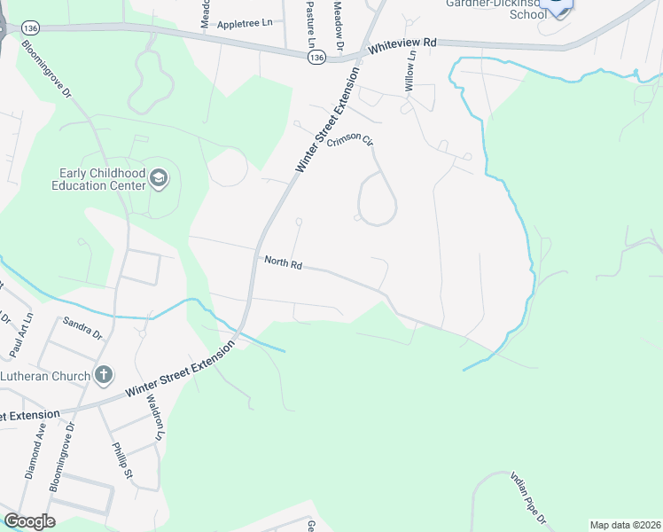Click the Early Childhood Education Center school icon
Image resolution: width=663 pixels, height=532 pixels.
(x=159, y=178)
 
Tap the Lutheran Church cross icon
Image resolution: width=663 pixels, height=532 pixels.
(x=103, y=375)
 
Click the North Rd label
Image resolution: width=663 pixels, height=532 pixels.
(x=284, y=262)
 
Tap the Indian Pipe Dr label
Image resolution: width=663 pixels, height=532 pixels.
(x=530, y=497)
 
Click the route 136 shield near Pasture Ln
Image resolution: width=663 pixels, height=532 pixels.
(x=316, y=57)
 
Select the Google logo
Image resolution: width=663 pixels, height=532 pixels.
(x=29, y=521)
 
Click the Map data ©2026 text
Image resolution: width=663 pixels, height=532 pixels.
(x=625, y=525)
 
